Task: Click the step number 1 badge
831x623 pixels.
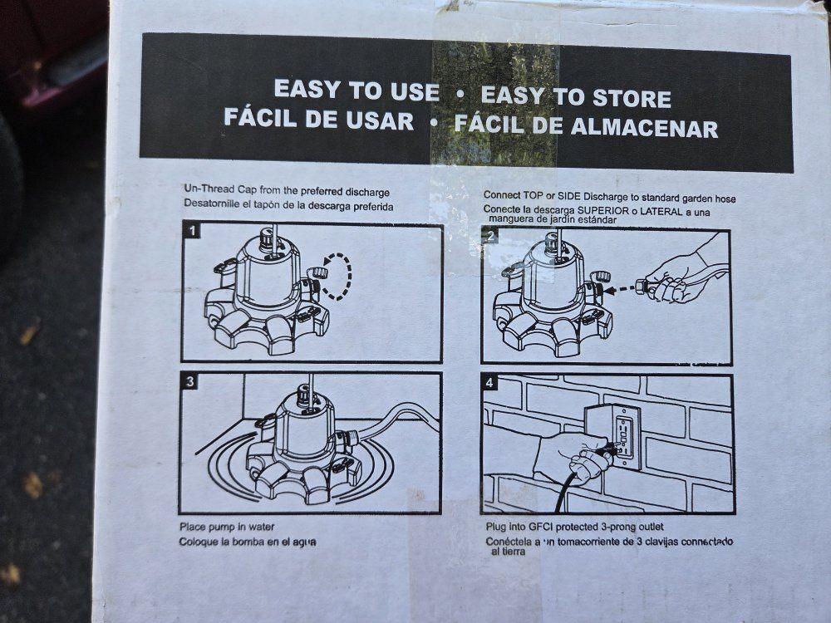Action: point(193,231)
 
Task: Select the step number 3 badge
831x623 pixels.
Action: point(189,381)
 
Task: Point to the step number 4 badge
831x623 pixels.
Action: point(489,382)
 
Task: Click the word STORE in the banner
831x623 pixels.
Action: point(632,99)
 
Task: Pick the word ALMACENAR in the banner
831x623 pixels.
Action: point(645,128)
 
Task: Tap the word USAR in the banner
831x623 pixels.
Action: point(380,120)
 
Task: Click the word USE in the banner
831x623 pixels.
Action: point(415,91)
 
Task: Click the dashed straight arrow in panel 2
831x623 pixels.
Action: point(620,290)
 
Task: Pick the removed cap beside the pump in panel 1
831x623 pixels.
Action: point(317,273)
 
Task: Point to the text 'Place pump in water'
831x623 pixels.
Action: point(227,527)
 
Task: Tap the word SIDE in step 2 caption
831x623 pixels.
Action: point(570,195)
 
